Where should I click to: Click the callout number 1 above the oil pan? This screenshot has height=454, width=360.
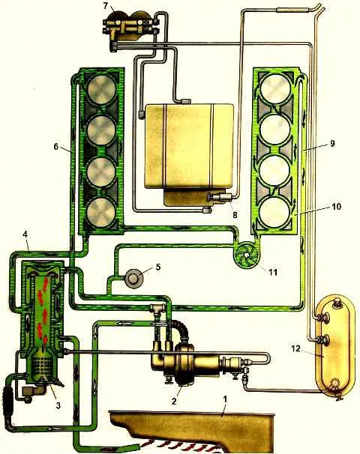pos(225,400)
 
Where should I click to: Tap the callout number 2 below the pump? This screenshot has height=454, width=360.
pos(174,402)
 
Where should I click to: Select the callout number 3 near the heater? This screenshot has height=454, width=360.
pos(58,405)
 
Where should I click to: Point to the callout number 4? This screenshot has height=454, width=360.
pos(25,234)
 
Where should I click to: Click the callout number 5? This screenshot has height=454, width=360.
pos(158,267)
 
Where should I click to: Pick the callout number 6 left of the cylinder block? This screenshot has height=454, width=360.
pos(56,147)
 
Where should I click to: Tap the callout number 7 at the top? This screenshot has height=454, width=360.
pos(106,5)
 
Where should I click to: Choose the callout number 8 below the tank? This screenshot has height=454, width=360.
pos(235,215)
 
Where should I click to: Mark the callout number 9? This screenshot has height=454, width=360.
pos(332,144)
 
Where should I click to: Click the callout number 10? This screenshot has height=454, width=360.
pos(336,207)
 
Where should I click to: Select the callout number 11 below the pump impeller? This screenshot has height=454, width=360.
pos(273,272)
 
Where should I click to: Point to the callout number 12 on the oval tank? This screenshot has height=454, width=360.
pos(296,348)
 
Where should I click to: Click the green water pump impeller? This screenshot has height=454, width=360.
pos(247,255)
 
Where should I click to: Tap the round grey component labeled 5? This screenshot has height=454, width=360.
pos(134,279)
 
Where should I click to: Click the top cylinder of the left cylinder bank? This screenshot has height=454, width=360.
pos(101,89)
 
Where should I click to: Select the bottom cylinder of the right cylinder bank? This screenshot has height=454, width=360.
pos(274,211)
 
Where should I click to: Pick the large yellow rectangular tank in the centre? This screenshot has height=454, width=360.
pos(189,147)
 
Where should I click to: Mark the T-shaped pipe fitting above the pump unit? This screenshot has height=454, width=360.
pos(157,310)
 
